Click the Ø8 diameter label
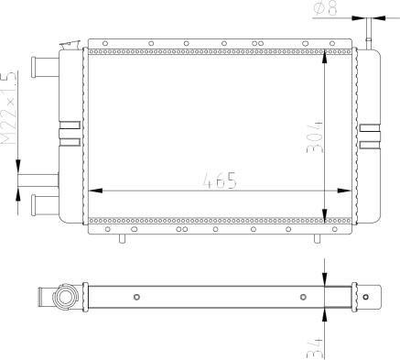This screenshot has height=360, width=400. pyautogui.click(x=326, y=10)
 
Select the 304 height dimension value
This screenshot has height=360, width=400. pyautogui.click(x=317, y=136)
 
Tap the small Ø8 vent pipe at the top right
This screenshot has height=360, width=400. pyautogui.click(x=369, y=32)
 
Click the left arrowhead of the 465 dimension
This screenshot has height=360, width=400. pyautogui.click(x=93, y=191)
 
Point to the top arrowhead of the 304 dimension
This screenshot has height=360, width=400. pyautogui.click(x=326, y=56)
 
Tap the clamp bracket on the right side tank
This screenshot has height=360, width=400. pyautogui.click(x=369, y=136)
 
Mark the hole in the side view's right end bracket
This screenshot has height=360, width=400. pyautogui.click(x=366, y=297)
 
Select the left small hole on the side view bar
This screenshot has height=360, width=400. pyautogui.click(x=136, y=297)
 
